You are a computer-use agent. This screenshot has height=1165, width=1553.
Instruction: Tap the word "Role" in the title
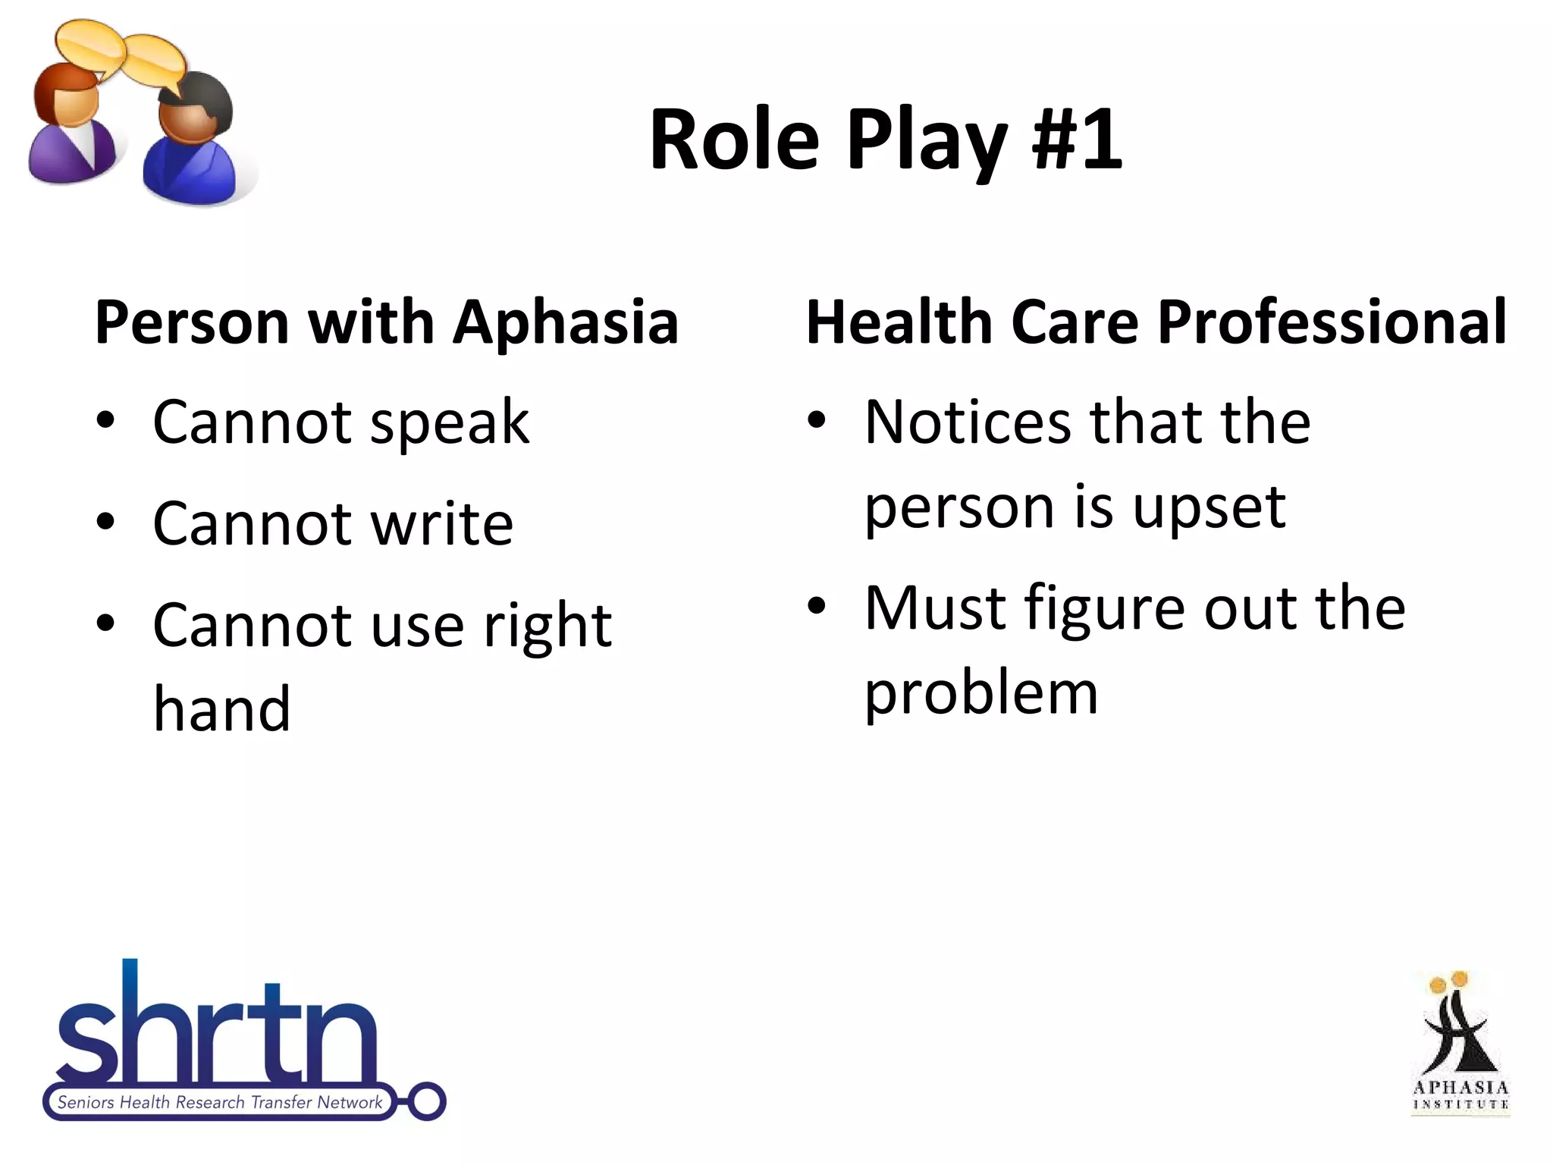pyautogui.click(x=734, y=140)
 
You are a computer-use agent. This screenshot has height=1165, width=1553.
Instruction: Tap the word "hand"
pyautogui.click(x=221, y=710)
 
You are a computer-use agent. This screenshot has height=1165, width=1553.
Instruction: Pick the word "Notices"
pyautogui.click(x=968, y=422)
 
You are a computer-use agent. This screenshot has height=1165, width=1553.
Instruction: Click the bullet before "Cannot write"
pyautogui.click(x=106, y=523)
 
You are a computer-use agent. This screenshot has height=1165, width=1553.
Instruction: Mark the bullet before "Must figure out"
pyautogui.click(x=817, y=606)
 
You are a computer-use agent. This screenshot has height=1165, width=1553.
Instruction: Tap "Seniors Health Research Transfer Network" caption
pyautogui.click(x=220, y=1102)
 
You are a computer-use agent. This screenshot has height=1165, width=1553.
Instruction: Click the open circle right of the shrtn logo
pyautogui.click(x=427, y=1101)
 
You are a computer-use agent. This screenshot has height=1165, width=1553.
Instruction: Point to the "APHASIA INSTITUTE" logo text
pyautogui.click(x=1460, y=1094)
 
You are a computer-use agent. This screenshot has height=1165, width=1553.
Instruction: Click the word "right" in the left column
pyautogui.click(x=547, y=626)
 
